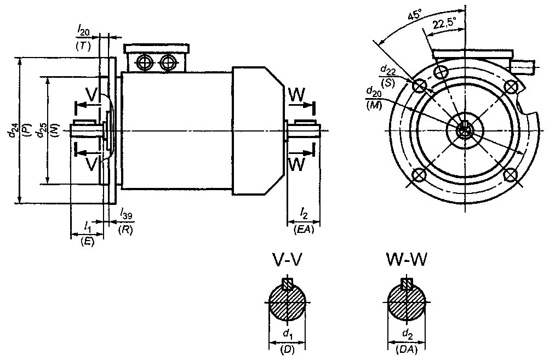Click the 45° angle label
(x=414, y=15)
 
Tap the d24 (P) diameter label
(x=14, y=130)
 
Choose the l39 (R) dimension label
(x=125, y=222)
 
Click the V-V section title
(x=287, y=260)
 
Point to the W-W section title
(x=406, y=260)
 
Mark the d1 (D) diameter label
(x=287, y=340)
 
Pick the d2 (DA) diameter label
(x=406, y=340)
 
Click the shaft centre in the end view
(x=465, y=130)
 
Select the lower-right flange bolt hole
(x=511, y=175)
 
